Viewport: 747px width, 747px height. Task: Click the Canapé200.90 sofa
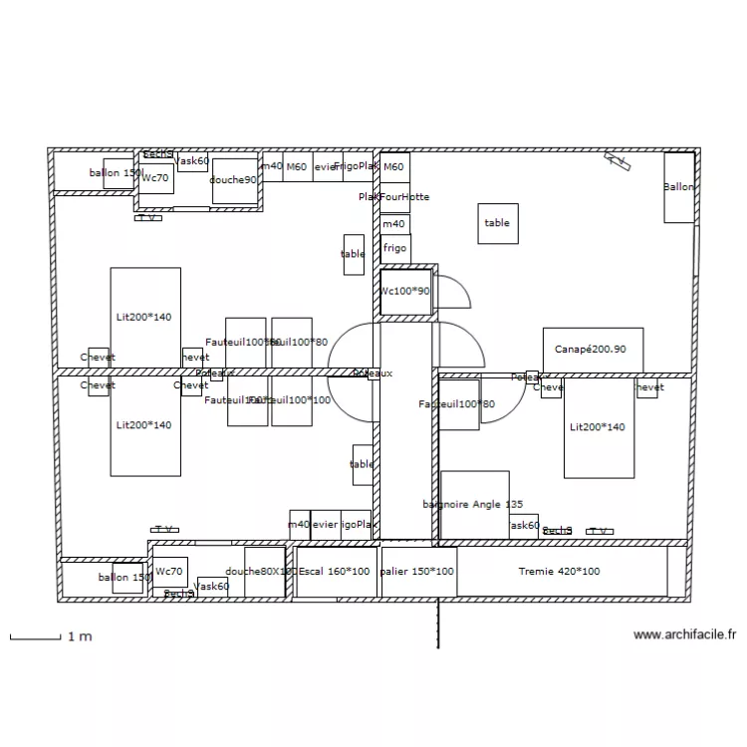(x=593, y=349)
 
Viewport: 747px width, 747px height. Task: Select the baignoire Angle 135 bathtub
(x=475, y=506)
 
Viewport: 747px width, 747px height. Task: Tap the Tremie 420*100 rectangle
(x=561, y=572)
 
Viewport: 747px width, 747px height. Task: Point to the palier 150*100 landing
(x=418, y=572)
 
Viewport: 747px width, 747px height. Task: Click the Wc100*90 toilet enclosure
(x=405, y=292)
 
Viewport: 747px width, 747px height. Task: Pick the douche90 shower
(x=235, y=180)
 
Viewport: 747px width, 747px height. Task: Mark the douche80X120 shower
(x=264, y=572)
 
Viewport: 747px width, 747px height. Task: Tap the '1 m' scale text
(x=80, y=636)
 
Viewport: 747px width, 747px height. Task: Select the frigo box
(x=395, y=248)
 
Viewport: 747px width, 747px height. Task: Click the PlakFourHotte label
(x=394, y=197)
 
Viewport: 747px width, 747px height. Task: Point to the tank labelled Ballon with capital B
(x=679, y=187)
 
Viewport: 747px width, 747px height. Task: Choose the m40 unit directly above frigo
(x=395, y=224)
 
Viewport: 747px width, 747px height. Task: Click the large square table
(x=497, y=223)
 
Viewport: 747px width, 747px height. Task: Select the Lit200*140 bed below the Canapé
(x=599, y=427)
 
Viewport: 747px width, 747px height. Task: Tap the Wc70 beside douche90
(x=155, y=178)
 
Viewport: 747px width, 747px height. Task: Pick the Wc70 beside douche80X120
(x=168, y=572)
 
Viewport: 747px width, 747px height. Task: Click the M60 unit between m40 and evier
(x=297, y=167)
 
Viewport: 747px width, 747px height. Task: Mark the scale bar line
(x=36, y=637)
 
